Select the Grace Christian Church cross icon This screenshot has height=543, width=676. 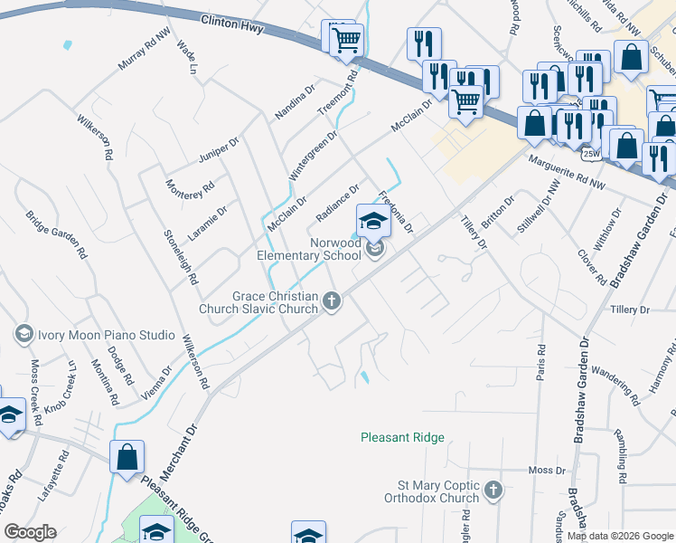(333, 300)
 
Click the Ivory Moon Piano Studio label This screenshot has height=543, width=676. (106, 335)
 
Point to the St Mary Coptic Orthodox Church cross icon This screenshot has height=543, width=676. (493, 491)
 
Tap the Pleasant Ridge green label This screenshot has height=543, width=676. (402, 437)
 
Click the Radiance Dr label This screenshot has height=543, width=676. (338, 203)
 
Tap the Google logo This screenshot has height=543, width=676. (30, 532)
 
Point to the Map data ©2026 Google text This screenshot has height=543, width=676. (619, 536)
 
